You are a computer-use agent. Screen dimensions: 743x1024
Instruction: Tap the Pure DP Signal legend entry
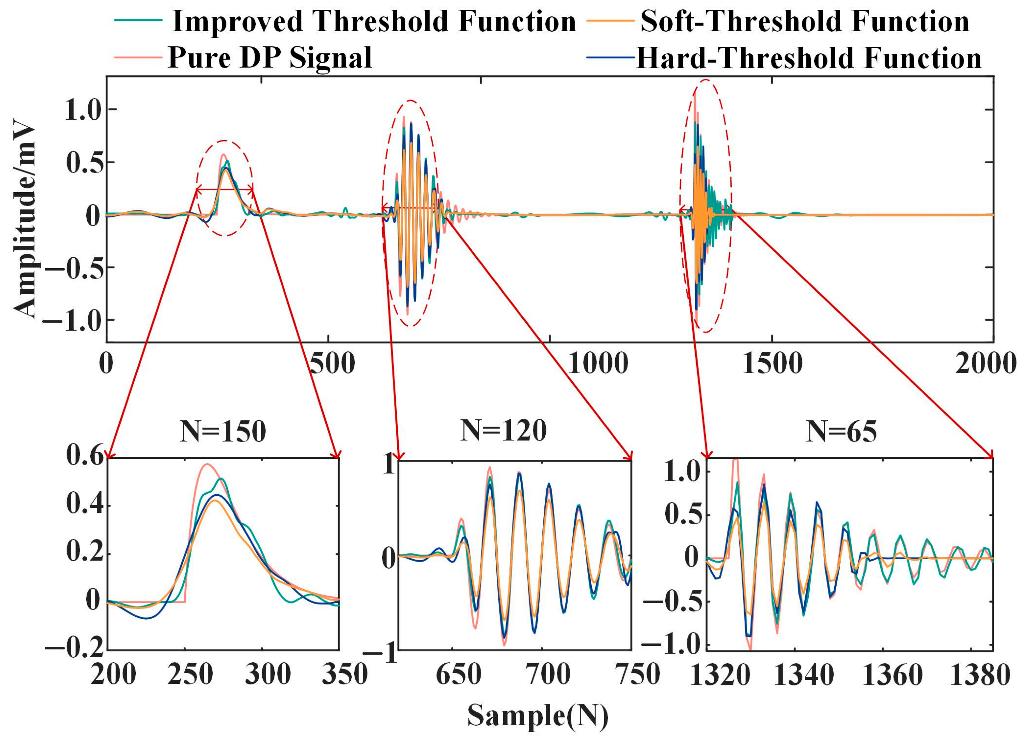coord(270,58)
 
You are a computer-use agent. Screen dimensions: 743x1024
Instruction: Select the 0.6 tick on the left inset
coord(86,456)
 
